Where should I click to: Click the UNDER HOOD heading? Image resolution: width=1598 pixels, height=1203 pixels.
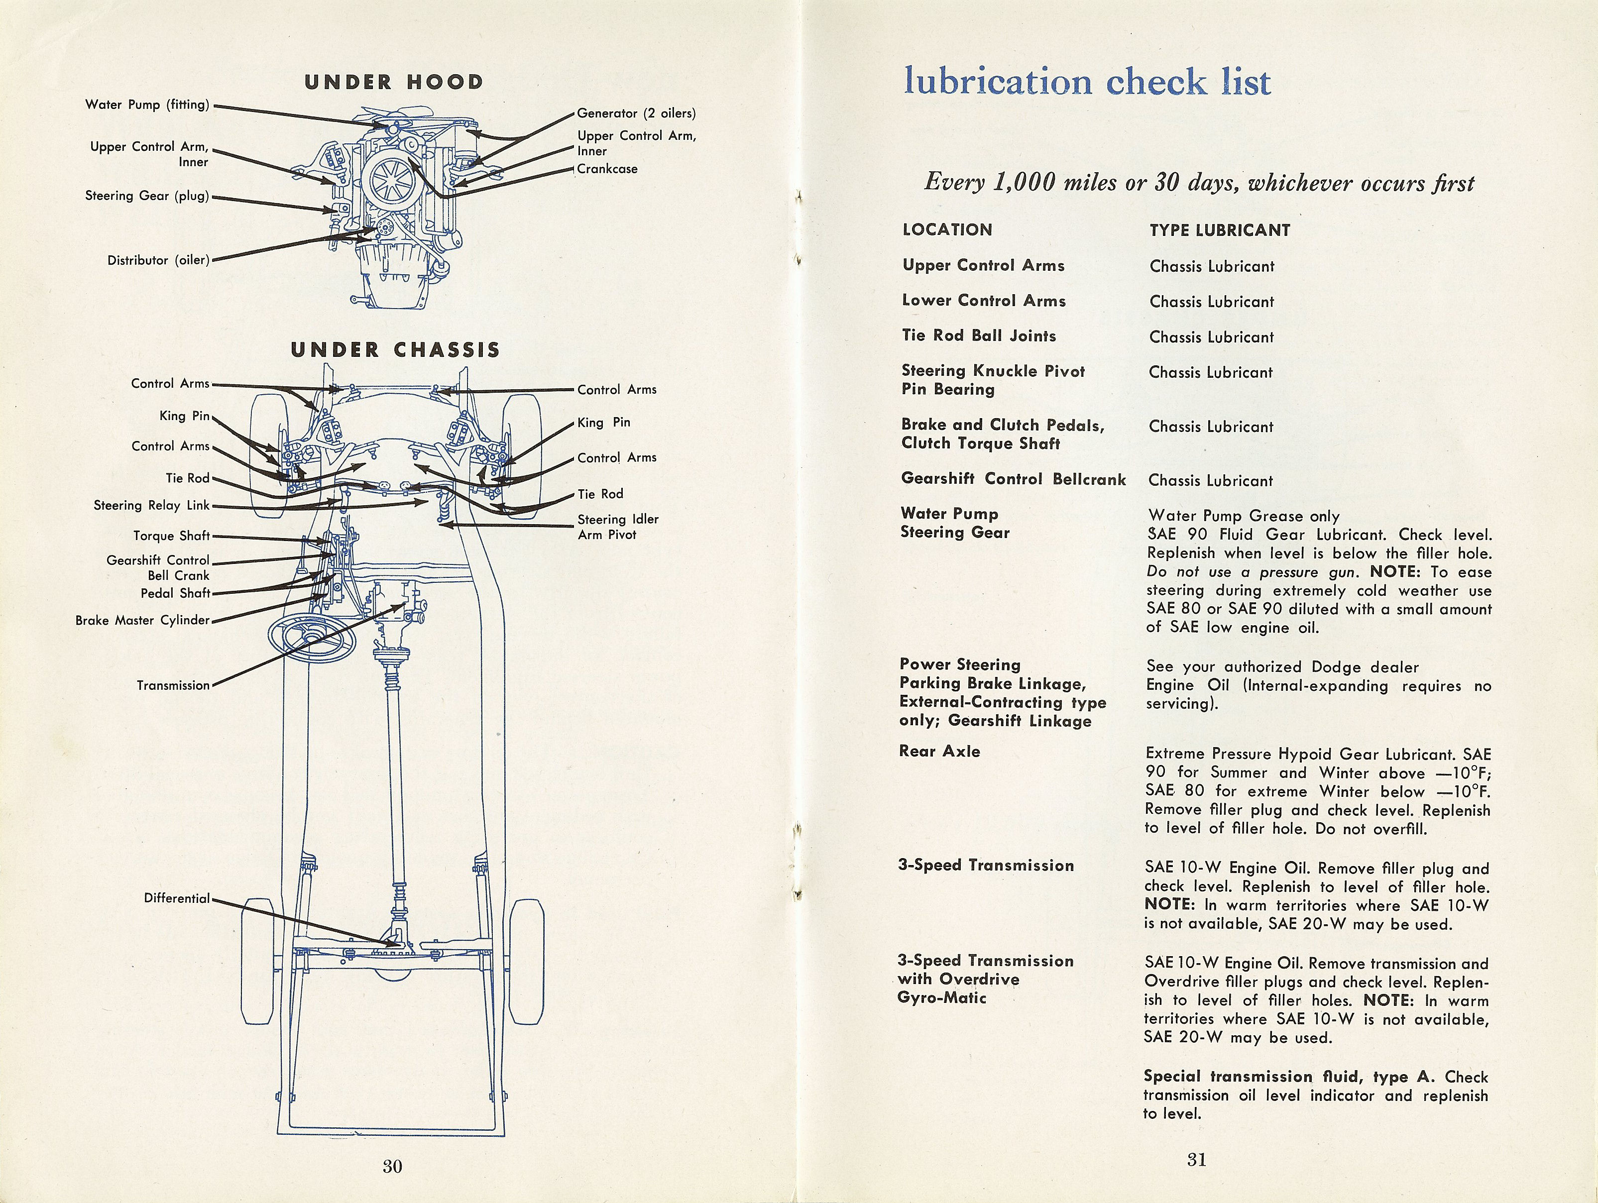tap(394, 82)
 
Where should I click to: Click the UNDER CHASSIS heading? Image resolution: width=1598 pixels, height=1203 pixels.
tap(395, 350)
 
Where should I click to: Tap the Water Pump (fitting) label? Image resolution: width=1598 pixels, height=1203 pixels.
tap(147, 105)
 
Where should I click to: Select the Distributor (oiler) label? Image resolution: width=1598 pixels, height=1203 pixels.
tap(158, 260)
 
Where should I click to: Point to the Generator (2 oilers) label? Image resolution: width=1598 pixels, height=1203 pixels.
tap(636, 113)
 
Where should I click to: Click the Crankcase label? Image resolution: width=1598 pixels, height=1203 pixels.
tap(607, 169)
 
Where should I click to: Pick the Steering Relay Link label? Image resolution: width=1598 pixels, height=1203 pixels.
tap(152, 506)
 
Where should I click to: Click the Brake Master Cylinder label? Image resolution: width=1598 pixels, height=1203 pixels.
tap(142, 620)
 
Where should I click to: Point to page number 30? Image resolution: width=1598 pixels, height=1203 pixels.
tap(392, 1166)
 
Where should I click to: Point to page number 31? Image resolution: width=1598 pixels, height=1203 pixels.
tap(1196, 1160)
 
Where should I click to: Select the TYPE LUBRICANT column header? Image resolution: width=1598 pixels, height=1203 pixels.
tap(1220, 230)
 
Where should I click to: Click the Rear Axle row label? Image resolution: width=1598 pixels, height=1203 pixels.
tap(939, 752)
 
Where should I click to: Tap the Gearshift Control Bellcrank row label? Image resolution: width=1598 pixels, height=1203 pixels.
tap(1013, 479)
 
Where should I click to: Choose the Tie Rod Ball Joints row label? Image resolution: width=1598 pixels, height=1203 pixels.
tap(978, 336)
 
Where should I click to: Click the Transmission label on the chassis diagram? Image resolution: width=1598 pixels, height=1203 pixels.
tap(173, 685)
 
